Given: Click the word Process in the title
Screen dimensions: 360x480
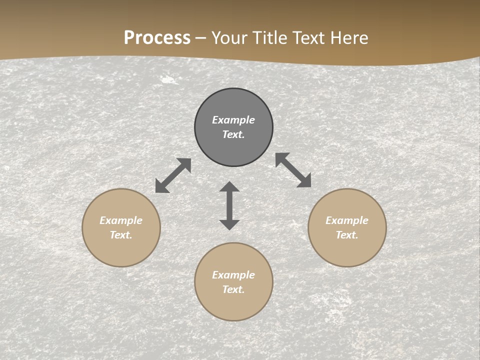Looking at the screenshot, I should [x=157, y=38].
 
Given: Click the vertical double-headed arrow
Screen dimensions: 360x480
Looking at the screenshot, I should [x=229, y=205].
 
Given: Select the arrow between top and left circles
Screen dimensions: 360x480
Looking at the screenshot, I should [x=173, y=175].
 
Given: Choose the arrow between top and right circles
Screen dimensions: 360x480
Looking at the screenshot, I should [x=293, y=170].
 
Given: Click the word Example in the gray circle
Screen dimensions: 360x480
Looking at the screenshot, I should [x=233, y=120].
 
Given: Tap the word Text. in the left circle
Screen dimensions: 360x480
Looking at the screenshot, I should [x=121, y=235].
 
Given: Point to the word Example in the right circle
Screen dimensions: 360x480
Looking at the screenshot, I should [x=347, y=220].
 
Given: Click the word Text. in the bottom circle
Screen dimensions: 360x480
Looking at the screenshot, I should [x=233, y=289].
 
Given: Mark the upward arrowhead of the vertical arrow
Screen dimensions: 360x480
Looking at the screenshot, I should [x=229, y=187].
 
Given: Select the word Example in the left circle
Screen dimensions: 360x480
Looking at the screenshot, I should [x=121, y=220].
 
